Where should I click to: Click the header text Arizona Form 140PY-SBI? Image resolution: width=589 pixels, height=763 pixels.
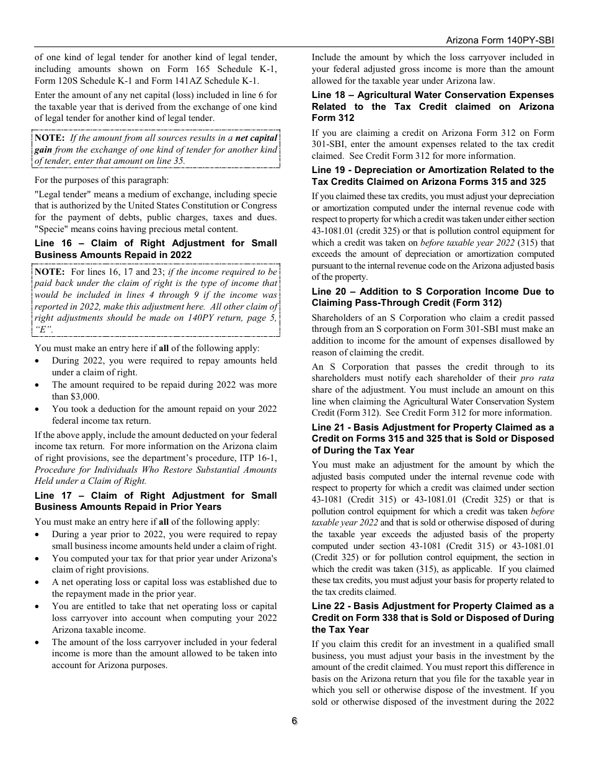(500, 40)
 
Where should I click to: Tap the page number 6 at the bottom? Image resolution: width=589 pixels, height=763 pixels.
(294, 721)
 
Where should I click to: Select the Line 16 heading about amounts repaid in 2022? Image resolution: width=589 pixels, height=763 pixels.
(156, 249)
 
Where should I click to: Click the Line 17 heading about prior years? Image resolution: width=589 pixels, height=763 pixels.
(156, 501)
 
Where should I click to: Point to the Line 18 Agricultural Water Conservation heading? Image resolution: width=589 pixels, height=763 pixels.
(433, 106)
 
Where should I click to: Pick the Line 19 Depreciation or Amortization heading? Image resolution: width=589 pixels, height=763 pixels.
(433, 176)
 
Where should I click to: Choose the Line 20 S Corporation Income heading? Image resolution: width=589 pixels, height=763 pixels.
(433, 297)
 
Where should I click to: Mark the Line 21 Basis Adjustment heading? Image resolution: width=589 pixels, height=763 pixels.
(433, 439)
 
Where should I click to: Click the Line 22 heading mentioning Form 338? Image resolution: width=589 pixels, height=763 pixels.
(433, 618)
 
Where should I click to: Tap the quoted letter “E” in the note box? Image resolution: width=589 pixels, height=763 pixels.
(43, 329)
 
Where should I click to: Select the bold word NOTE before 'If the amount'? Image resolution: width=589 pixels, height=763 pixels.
(50, 138)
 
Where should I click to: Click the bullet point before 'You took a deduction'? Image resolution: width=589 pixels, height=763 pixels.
(39, 409)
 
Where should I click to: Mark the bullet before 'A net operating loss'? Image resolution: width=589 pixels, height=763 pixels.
(39, 582)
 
